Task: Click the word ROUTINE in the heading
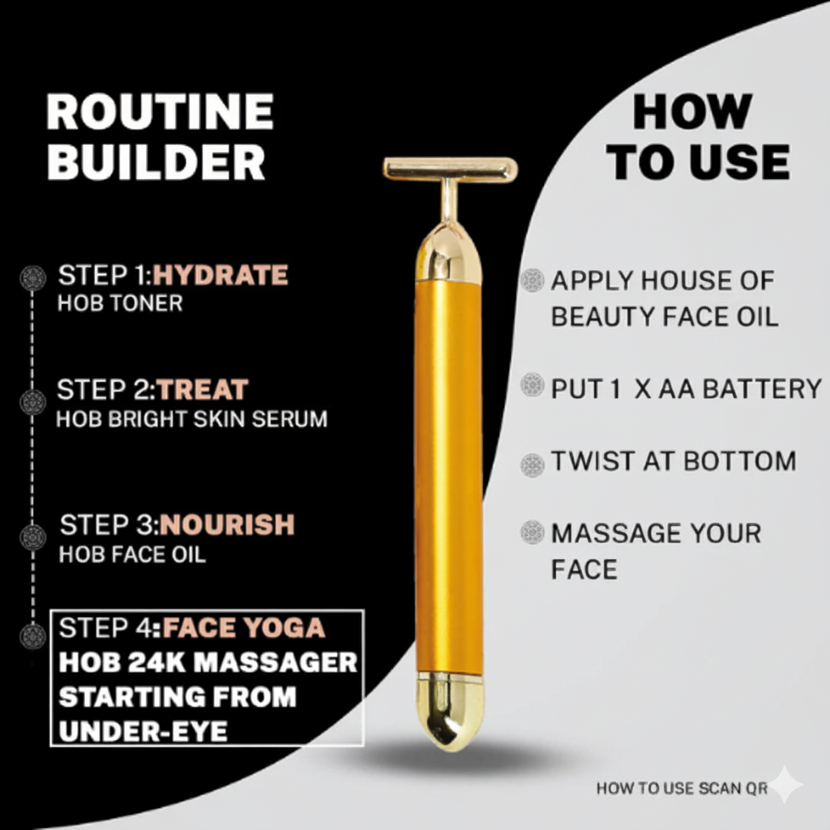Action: click(x=160, y=112)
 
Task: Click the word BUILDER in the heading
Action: click(x=156, y=162)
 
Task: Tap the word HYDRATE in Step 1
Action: click(x=220, y=276)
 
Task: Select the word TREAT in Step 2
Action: click(x=203, y=390)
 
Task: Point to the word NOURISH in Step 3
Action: click(x=227, y=525)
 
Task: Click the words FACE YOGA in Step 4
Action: click(x=243, y=627)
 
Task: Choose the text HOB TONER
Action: click(x=120, y=304)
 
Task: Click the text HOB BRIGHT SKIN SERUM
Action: click(x=191, y=419)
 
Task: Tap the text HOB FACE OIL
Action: click(x=132, y=554)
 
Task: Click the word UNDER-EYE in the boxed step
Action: click(x=143, y=731)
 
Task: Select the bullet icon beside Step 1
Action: click(x=32, y=278)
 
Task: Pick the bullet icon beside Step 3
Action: click(x=32, y=537)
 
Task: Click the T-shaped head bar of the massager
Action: click(x=450, y=169)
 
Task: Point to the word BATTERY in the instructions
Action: click(x=762, y=389)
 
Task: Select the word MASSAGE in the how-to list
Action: click(x=613, y=534)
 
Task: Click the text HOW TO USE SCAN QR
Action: click(x=682, y=788)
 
